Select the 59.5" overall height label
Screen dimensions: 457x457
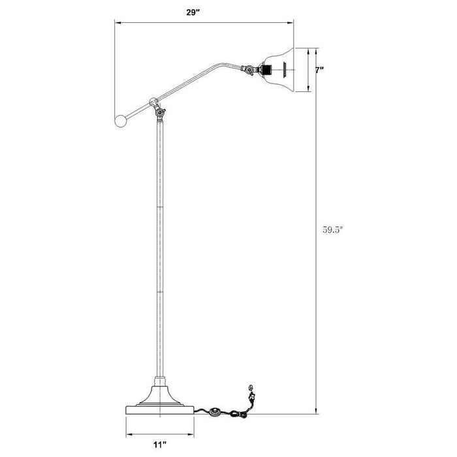[333, 229]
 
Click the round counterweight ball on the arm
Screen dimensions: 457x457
[120, 120]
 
